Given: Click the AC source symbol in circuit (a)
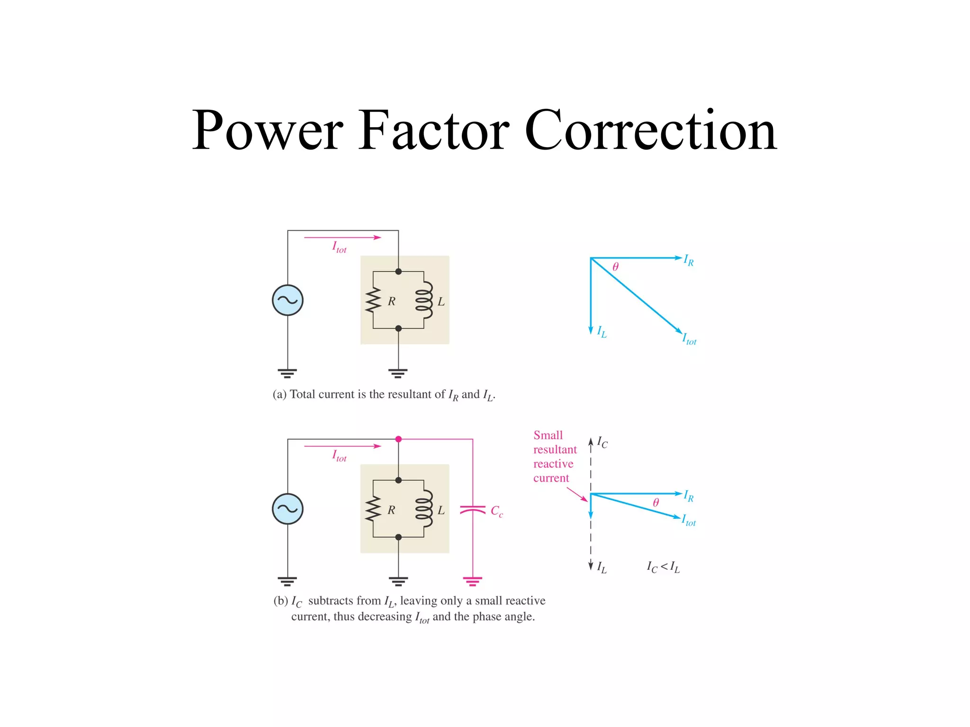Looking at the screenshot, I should (287, 300).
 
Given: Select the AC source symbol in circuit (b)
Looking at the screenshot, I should (287, 509).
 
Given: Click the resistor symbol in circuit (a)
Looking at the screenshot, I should (373, 300).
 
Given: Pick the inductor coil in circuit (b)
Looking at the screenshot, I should (424, 509).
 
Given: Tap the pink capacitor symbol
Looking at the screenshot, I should (473, 510).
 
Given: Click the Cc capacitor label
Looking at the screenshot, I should (496, 511).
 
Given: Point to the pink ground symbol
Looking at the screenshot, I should (473, 581).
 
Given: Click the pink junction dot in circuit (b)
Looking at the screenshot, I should (398, 439).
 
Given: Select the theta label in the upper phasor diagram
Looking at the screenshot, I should (615, 267).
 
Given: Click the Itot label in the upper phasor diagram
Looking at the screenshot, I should (689, 339).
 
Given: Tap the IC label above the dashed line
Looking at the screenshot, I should (602, 443).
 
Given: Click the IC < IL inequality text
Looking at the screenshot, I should (663, 567).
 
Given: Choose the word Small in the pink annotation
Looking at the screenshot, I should (548, 435).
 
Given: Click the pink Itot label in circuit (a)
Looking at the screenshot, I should (339, 247).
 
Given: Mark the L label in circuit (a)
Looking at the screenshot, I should (441, 301).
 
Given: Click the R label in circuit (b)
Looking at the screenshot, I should (391, 510).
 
